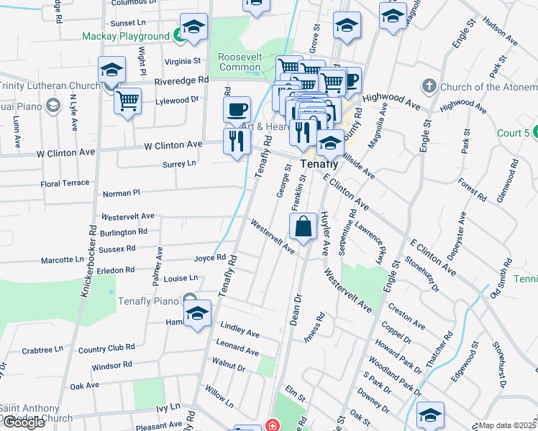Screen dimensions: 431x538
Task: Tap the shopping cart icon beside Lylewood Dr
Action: pyautogui.click(x=127, y=101)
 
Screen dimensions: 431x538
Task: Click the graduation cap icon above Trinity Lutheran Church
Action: pyautogui.click(x=111, y=70)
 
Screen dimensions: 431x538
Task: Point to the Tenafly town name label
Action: pyautogui.click(x=319, y=164)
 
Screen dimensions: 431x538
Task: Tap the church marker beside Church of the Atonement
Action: pyautogui.click(x=429, y=87)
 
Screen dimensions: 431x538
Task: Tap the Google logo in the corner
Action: pyautogui.click(x=23, y=422)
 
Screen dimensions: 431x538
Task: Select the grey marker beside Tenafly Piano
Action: pyautogui.click(x=190, y=298)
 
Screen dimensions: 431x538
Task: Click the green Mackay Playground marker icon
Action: pyautogui.click(x=178, y=35)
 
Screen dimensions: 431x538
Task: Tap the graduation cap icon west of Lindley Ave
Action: pyautogui.click(x=197, y=314)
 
